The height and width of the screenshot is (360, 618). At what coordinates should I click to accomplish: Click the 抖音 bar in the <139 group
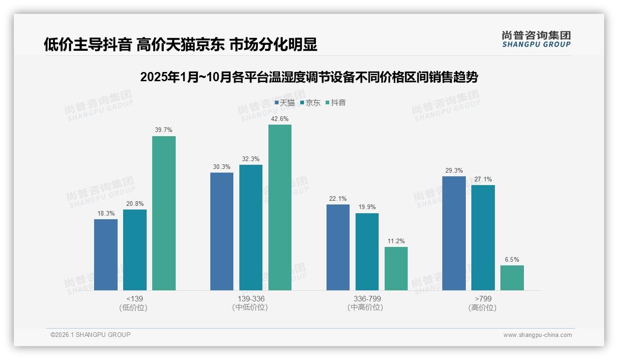164,213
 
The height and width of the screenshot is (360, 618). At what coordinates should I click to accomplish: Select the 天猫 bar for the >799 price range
454,233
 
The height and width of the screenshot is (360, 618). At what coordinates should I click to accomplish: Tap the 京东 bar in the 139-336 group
250,227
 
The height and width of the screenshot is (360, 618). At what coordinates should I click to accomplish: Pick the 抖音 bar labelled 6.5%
512,277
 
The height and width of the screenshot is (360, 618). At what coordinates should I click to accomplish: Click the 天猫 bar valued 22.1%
338,247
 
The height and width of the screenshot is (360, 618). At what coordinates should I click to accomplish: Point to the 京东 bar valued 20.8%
135,250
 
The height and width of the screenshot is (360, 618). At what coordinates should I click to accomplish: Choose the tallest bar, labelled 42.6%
280,207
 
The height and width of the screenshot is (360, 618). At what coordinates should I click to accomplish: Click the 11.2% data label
396,241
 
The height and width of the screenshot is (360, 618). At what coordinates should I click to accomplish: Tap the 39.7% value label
164,130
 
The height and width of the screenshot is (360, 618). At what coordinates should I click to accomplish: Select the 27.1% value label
483,179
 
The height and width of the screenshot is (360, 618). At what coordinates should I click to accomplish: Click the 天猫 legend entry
285,103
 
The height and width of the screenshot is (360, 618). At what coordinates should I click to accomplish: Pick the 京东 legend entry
310,103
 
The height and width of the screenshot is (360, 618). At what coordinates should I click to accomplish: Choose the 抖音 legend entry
336,103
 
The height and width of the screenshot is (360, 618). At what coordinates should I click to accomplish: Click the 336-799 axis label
367,299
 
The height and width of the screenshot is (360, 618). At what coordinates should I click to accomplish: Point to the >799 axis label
483,299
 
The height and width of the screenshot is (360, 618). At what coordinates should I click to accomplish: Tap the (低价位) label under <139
133,307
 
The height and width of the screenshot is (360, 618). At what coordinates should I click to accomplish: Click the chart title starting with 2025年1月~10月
309,77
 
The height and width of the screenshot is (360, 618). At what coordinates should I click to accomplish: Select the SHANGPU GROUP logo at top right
536,39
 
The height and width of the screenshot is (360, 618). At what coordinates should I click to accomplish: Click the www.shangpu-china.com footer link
537,335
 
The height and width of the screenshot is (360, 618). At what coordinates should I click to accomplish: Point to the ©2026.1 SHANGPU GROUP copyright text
90,335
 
